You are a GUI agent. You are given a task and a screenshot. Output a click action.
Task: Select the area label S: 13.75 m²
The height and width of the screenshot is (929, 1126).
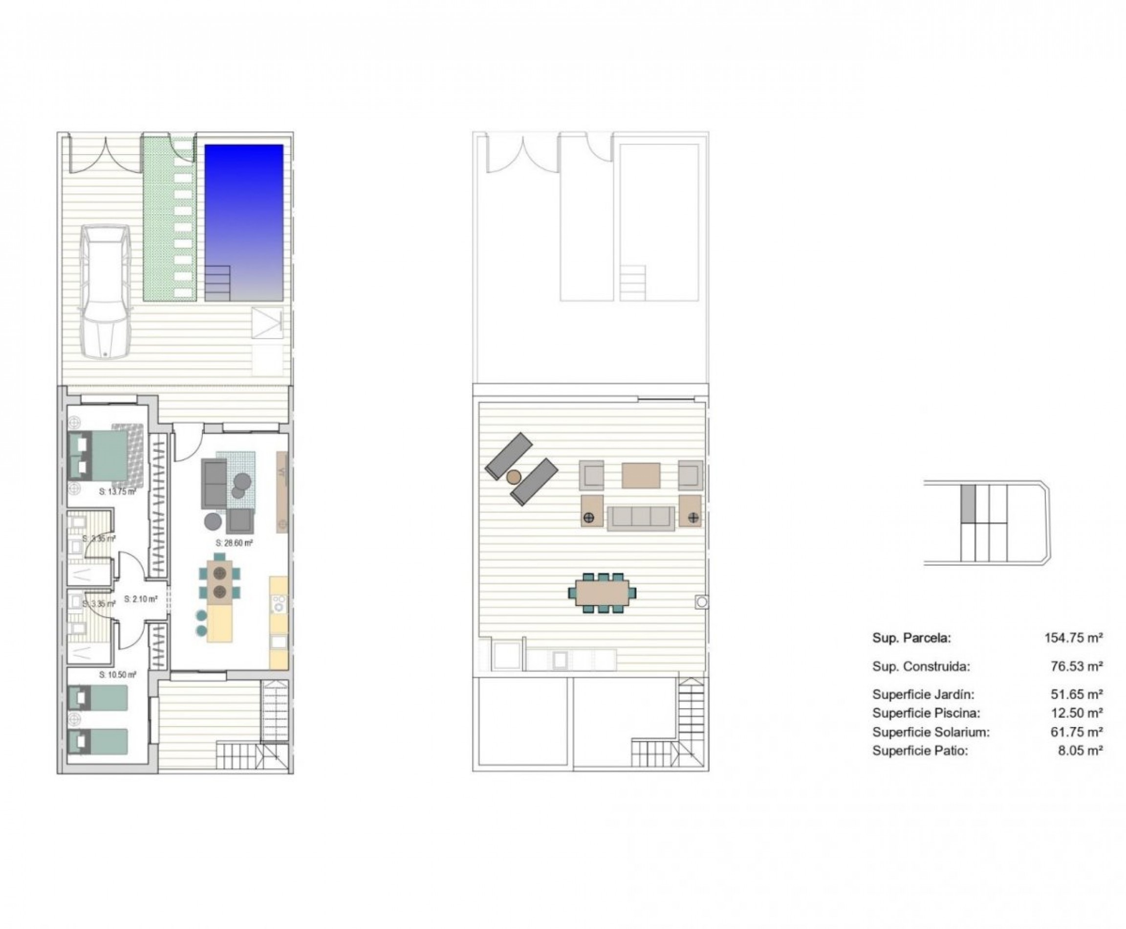117,491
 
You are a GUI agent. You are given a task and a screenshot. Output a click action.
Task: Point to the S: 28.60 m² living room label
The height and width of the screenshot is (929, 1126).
234,543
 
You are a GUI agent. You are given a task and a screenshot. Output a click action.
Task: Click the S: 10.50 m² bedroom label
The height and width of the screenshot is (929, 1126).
118,675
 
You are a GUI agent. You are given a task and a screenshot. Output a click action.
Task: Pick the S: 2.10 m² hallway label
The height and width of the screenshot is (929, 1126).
141,599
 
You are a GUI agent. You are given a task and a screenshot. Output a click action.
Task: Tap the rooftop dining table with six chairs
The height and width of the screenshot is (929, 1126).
602,593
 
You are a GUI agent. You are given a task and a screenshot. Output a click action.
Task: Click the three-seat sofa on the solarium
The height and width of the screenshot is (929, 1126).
640,517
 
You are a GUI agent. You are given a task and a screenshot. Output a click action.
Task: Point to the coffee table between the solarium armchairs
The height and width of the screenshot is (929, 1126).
640,475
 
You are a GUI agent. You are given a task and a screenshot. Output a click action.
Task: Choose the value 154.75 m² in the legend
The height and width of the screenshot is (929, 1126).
1073,638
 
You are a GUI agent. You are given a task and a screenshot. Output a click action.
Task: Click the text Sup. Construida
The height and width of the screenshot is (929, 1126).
921,667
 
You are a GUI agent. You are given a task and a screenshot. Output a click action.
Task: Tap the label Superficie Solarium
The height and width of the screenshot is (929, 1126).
930,732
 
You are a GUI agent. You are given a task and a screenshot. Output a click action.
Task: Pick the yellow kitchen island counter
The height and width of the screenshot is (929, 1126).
219,622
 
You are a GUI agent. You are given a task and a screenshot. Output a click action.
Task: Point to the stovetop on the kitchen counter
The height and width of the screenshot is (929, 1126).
279,604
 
